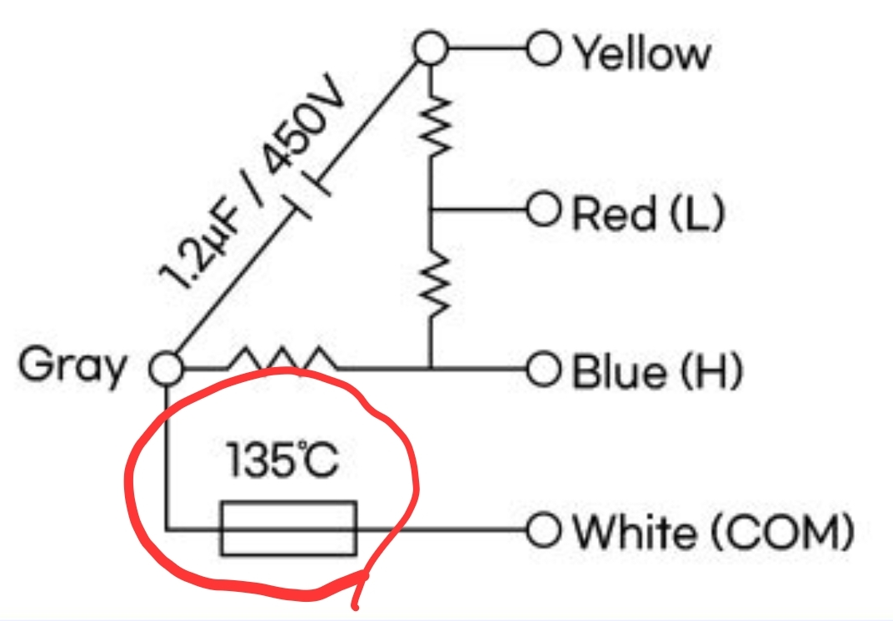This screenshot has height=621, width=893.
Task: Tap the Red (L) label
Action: point(648,215)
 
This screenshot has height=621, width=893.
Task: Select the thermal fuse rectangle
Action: point(288,528)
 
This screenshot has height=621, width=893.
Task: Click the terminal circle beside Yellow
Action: point(542,51)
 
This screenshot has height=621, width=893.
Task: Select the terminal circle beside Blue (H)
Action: point(542,367)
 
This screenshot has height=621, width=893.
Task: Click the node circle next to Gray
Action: point(167,367)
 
